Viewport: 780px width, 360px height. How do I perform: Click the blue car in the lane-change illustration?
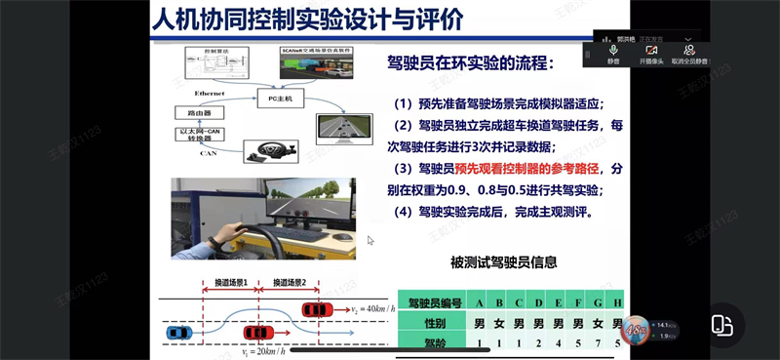coord(178,334)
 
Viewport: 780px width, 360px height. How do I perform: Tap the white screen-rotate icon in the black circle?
coord(721,326)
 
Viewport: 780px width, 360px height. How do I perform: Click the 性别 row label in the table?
coord(430,322)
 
